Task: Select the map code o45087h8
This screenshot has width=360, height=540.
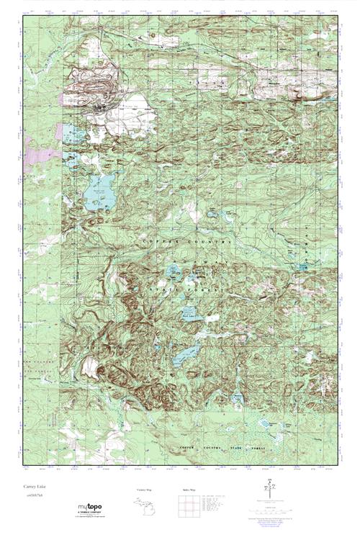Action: point(32,495)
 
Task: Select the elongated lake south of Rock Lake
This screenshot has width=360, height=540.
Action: point(187,352)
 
